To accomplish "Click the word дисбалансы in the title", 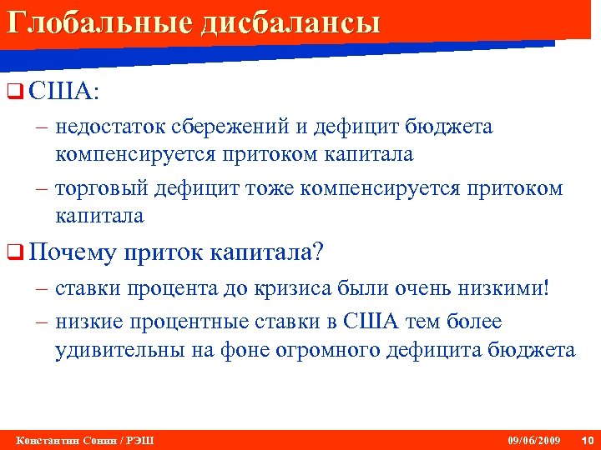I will click(x=289, y=21).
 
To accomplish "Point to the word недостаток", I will click(x=111, y=127).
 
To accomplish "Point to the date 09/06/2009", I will click(x=533, y=439).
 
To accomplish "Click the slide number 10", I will click(x=585, y=439).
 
